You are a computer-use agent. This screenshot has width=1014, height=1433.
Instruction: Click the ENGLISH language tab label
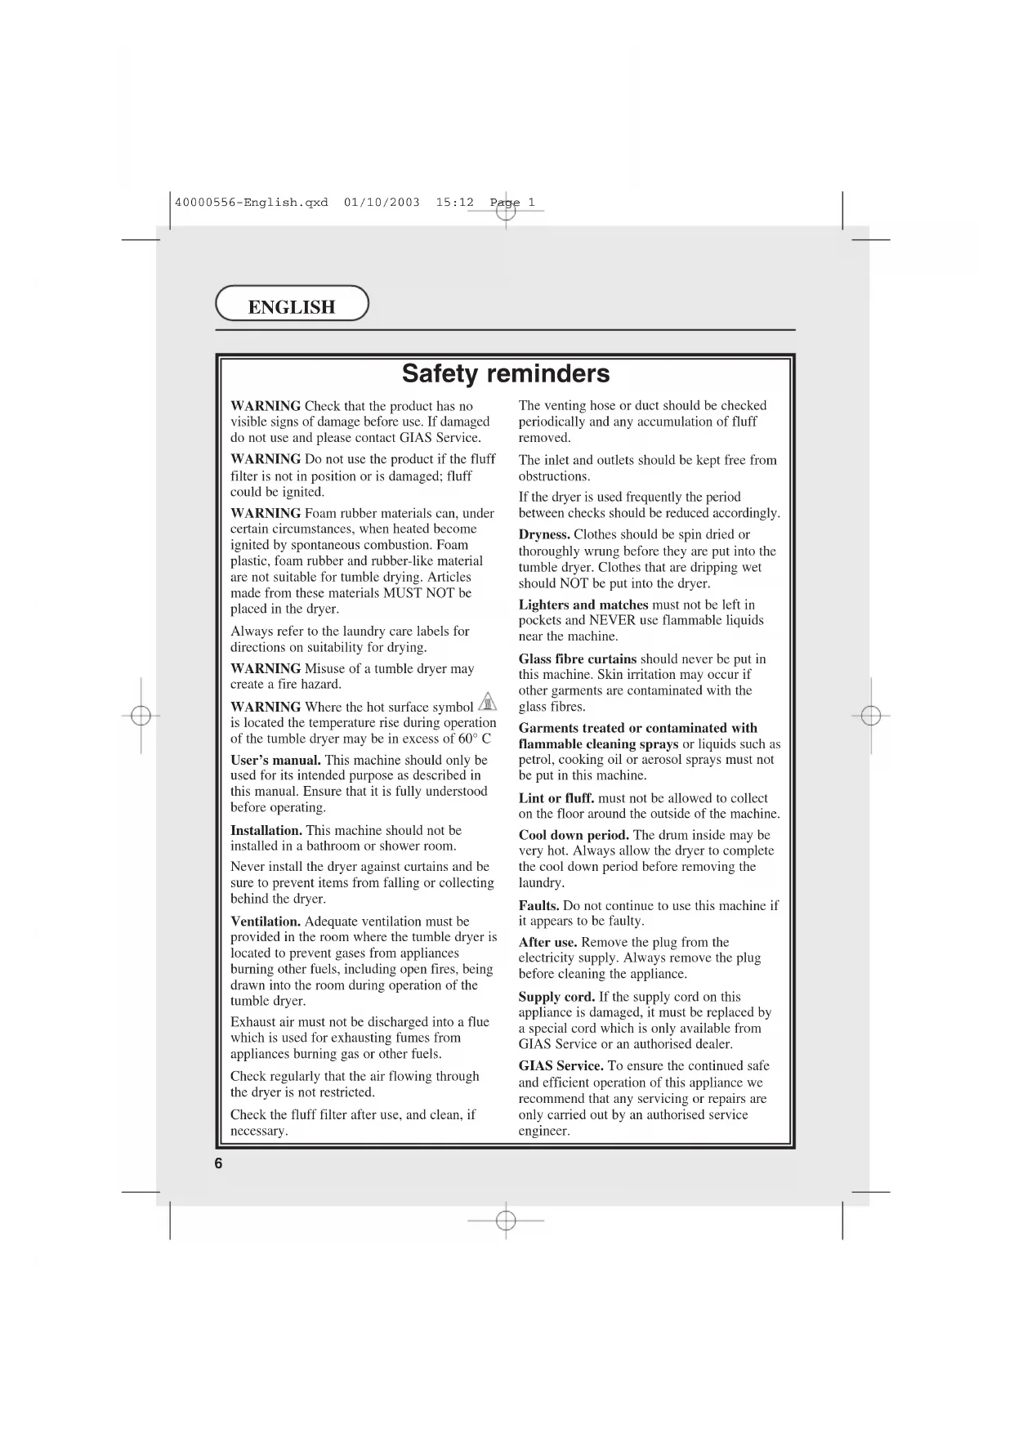coord(291,307)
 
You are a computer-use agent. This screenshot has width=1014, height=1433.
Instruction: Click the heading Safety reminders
coord(506,373)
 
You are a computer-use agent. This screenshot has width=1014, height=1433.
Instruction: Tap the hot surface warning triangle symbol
coord(488,703)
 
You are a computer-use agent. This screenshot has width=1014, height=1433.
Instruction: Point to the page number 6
coord(218,1164)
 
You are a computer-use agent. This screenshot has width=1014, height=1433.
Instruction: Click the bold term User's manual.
coord(275,760)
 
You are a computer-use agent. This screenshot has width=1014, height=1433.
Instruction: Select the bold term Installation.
coord(266,830)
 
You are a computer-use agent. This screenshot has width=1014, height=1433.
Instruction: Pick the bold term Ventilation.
coord(266,922)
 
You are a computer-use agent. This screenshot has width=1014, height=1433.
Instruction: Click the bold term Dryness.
coord(544,534)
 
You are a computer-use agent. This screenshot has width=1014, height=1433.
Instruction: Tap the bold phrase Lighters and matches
coord(583,605)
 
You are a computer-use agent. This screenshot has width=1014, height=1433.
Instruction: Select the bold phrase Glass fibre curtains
coord(578,658)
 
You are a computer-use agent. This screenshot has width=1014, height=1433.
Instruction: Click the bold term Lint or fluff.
coord(556,798)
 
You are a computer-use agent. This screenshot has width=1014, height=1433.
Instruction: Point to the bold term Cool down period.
coord(574,835)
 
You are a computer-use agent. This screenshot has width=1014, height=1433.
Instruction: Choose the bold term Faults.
coord(539,905)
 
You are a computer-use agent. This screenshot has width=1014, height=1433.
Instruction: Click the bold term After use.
coord(548,942)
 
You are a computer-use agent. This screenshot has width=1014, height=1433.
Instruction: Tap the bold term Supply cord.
coord(556,997)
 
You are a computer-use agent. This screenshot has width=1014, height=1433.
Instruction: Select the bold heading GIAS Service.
coord(561,1066)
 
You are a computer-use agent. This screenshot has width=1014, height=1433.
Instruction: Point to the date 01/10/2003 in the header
coord(382,202)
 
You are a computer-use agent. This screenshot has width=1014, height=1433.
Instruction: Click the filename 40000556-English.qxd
coord(252,202)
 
